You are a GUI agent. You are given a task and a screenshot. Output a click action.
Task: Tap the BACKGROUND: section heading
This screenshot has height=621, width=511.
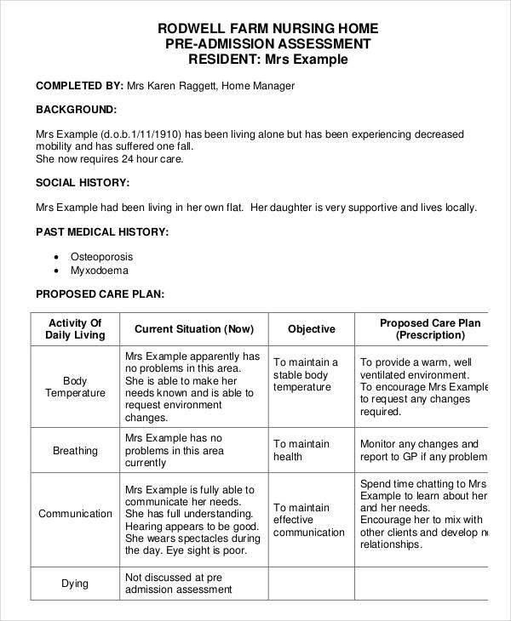76,110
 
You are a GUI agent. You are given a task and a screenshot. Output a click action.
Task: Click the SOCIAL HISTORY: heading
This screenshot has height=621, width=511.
82,182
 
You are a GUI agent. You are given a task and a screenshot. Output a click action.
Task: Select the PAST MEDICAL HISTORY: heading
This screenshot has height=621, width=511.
101,231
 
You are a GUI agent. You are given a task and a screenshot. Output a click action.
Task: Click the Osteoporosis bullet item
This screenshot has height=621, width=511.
101,256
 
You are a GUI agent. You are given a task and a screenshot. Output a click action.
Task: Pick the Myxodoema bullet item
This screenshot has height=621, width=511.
99,271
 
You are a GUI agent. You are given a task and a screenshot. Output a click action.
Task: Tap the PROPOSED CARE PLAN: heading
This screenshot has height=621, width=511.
99,294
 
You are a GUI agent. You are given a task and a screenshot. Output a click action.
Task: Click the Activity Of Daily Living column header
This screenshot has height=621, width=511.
75,329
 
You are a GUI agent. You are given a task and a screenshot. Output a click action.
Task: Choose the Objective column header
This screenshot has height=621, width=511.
311,329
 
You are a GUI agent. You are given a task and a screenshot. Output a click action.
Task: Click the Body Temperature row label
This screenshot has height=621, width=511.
75,387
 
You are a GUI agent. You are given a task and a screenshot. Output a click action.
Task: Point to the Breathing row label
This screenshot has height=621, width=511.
75,451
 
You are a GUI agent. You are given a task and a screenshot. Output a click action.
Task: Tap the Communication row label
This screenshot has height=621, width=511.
75,514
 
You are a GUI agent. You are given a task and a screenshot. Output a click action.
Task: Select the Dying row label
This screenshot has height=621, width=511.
75,584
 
